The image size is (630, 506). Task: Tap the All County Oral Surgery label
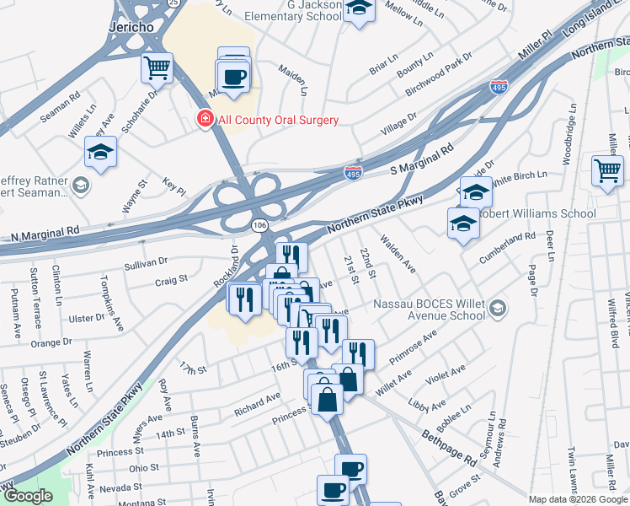click(x=278, y=120)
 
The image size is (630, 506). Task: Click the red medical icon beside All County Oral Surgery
click(x=204, y=120)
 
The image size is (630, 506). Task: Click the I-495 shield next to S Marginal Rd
click(x=354, y=173)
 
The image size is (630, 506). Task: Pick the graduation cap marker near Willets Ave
click(x=100, y=153)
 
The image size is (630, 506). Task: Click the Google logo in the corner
click(x=27, y=496)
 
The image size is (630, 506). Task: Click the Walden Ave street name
click(x=399, y=255)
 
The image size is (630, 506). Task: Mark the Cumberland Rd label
click(x=512, y=239)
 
